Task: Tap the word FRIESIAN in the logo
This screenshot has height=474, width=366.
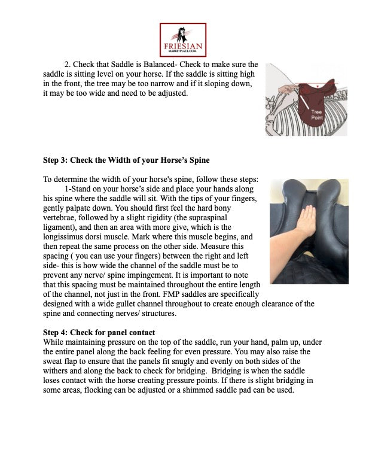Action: click(x=183, y=46)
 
